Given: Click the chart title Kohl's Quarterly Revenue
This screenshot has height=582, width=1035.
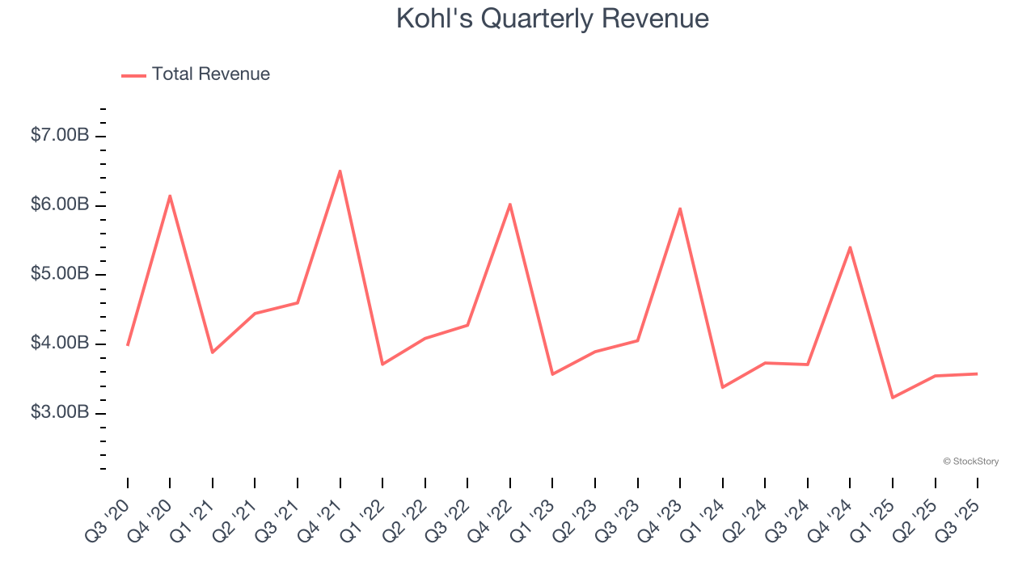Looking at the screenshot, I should (x=552, y=19).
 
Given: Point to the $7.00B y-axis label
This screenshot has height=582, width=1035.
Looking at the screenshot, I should (x=59, y=136).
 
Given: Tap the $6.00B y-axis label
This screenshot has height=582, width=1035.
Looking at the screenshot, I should (x=59, y=205).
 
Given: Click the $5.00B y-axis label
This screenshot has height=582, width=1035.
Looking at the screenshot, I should (x=59, y=275).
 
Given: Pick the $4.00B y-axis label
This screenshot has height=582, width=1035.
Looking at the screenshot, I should (x=59, y=344).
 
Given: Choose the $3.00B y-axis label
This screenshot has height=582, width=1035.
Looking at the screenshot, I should (x=59, y=413).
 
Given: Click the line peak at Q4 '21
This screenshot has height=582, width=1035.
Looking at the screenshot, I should (x=340, y=171).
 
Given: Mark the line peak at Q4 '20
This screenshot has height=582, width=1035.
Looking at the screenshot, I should (x=170, y=196).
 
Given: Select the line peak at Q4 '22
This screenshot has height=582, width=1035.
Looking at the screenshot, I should (x=510, y=204).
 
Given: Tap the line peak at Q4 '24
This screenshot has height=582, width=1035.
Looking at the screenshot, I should (x=850, y=247).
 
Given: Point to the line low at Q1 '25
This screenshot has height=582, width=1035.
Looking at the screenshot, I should (x=893, y=398).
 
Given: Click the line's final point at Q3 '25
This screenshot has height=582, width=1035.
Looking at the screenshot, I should (x=978, y=373).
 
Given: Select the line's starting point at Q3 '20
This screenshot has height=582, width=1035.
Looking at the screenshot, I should (x=128, y=345).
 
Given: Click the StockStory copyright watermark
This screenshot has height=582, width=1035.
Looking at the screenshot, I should (x=970, y=462).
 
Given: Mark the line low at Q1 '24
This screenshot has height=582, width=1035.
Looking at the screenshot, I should (x=722, y=387).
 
